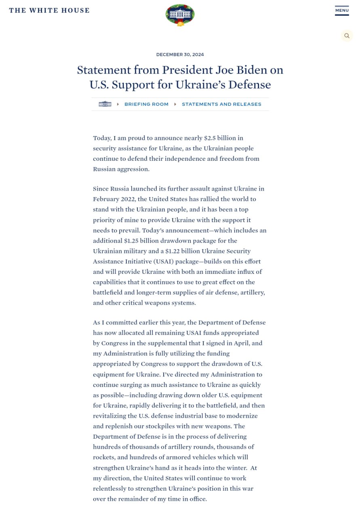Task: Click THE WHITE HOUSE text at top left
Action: (49, 11)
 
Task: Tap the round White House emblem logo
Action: (180, 15)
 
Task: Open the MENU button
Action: (342, 11)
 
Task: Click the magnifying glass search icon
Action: (347, 36)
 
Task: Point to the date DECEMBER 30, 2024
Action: (180, 55)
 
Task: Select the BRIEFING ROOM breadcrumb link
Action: (146, 104)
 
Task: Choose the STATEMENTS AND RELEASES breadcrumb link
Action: (221, 104)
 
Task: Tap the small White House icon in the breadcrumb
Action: (105, 104)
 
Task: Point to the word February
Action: (106, 199)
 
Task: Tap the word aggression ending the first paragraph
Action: (132, 169)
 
